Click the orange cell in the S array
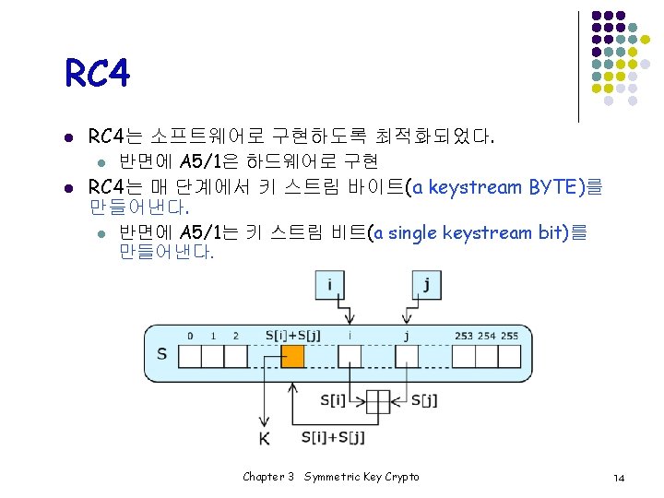click(x=291, y=356)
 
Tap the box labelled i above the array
click(x=329, y=283)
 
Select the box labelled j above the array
click(x=425, y=283)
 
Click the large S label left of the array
click(x=162, y=354)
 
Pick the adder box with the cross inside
click(x=379, y=401)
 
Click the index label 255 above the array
click(x=509, y=336)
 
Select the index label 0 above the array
click(x=190, y=336)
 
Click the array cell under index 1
click(x=213, y=356)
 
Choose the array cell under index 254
click(x=486, y=356)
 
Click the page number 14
click(x=619, y=477)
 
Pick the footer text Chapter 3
click(x=267, y=477)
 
